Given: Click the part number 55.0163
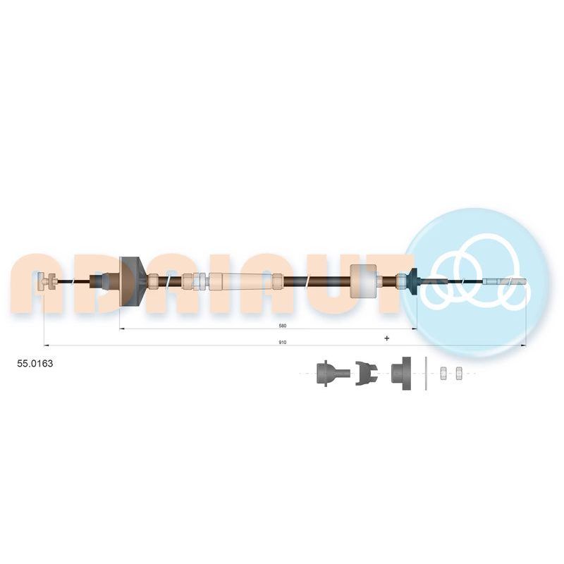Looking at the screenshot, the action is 35,363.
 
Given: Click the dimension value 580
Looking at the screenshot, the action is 283,326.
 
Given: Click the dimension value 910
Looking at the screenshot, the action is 283,343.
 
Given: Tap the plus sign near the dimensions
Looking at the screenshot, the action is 386,338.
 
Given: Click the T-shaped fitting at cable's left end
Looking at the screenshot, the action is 47,281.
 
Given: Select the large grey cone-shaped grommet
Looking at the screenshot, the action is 132,281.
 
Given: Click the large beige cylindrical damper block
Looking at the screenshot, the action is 363,281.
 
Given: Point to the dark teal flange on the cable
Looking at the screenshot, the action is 413,281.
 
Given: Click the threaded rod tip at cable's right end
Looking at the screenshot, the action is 506,281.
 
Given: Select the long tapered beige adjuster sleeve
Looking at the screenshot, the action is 241,281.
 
